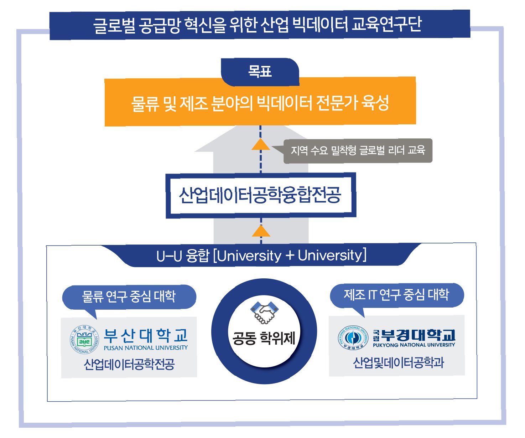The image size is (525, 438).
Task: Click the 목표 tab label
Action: point(260,72)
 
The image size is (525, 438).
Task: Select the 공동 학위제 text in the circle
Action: point(264,337)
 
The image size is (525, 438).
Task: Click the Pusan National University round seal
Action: point(85,339)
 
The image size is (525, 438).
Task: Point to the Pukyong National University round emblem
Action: point(353,337)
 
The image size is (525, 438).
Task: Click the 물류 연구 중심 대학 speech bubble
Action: point(129,297)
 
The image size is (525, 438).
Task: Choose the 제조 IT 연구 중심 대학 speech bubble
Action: point(396,295)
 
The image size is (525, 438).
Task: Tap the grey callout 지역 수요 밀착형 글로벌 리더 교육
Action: point(358,150)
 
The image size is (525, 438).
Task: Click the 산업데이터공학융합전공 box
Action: point(260,195)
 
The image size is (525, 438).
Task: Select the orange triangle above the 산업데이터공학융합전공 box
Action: point(261,144)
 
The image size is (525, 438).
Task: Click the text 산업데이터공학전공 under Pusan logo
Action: point(129,364)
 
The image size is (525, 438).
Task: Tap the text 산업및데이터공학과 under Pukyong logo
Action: point(398,363)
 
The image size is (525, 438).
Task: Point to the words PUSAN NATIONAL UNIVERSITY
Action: point(146,348)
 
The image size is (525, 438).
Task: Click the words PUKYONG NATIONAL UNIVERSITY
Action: point(414,345)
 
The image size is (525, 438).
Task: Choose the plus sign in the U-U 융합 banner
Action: point(290,256)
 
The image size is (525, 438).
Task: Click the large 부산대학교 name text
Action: point(146,335)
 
